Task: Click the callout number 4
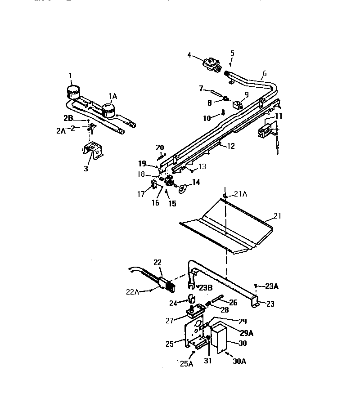[x=189, y=55]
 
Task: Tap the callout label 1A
[x=112, y=96]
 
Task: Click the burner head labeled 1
[x=71, y=91]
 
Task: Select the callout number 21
[x=277, y=216]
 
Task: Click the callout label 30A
[x=239, y=361]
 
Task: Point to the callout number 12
[x=230, y=146]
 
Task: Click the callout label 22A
[x=133, y=291]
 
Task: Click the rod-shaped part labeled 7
[x=215, y=94]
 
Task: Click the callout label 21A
[x=241, y=194]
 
